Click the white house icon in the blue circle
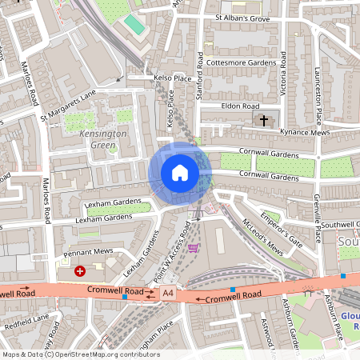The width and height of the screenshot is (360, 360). pos(180,172)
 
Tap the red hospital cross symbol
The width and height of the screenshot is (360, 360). pos(79,271)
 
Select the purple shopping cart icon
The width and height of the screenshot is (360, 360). pos(193,249)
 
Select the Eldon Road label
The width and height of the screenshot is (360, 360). pos(241,106)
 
